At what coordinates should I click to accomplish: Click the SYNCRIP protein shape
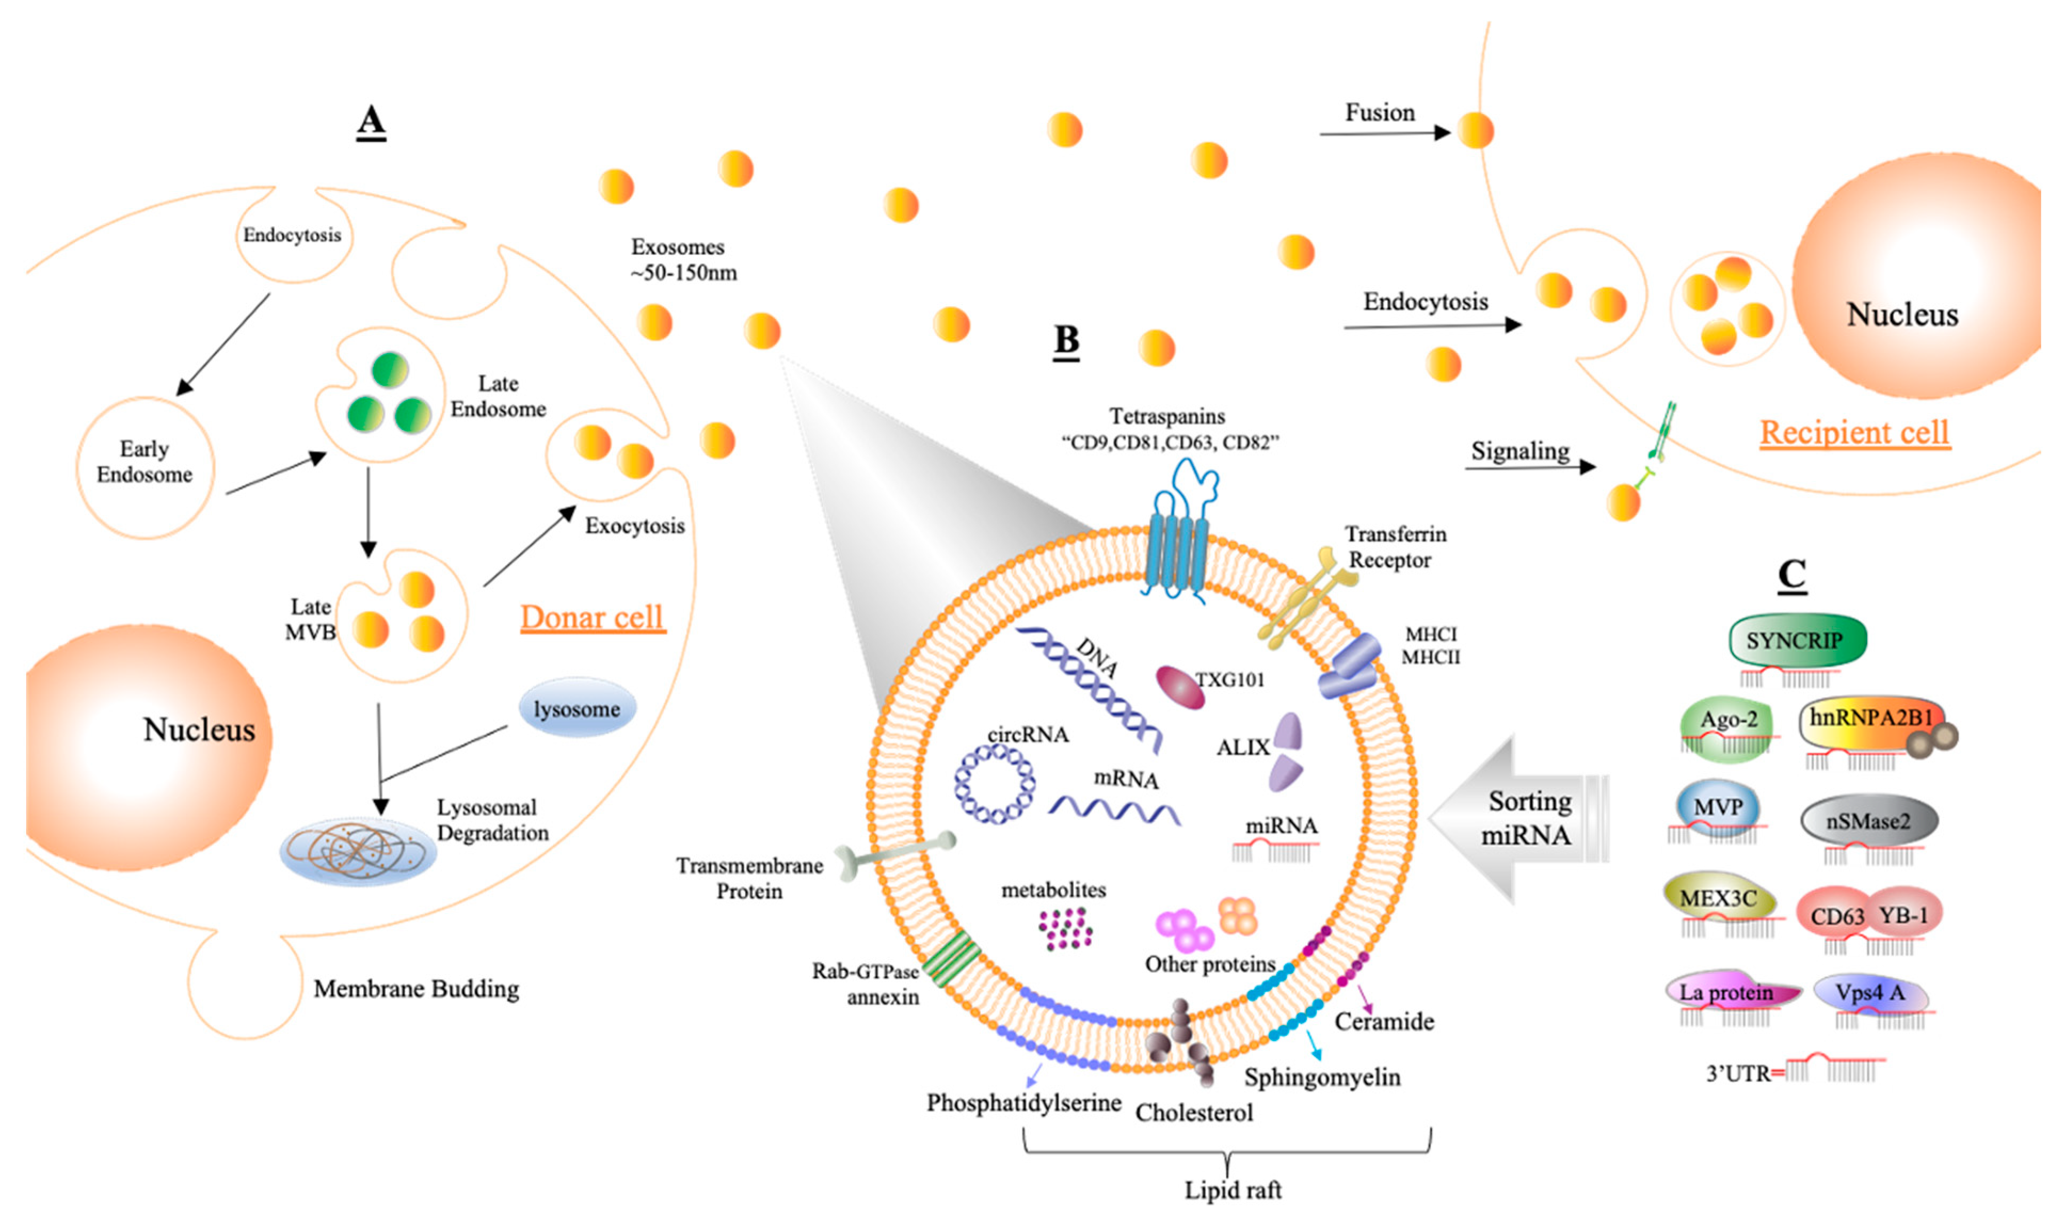point(1797,640)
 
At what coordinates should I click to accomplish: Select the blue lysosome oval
point(578,708)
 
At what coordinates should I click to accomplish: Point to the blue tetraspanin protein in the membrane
point(1180,532)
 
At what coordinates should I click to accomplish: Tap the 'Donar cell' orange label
point(593,618)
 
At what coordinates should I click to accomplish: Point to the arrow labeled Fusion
point(1385,133)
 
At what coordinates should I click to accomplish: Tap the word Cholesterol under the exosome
point(1194,1113)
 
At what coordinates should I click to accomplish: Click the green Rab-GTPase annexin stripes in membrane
point(952,958)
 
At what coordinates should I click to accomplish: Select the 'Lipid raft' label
point(1232,1189)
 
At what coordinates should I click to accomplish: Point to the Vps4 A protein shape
point(1871,994)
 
